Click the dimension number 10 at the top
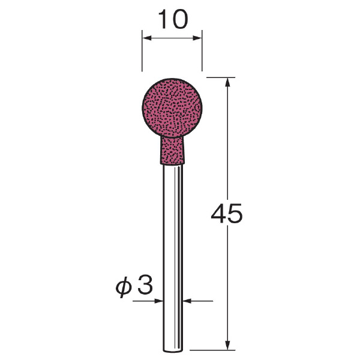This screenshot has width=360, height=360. pos(173,20)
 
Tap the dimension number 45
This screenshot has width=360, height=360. pos(227,214)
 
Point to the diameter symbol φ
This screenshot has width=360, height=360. pos(124,287)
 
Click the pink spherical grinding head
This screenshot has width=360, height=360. pos(172,108)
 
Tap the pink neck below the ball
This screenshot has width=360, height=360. pos(172,151)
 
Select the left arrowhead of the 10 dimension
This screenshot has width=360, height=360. pos(147,38)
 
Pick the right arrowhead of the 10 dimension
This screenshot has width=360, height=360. pos(197,38)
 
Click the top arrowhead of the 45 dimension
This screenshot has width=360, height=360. pos(227,82)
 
